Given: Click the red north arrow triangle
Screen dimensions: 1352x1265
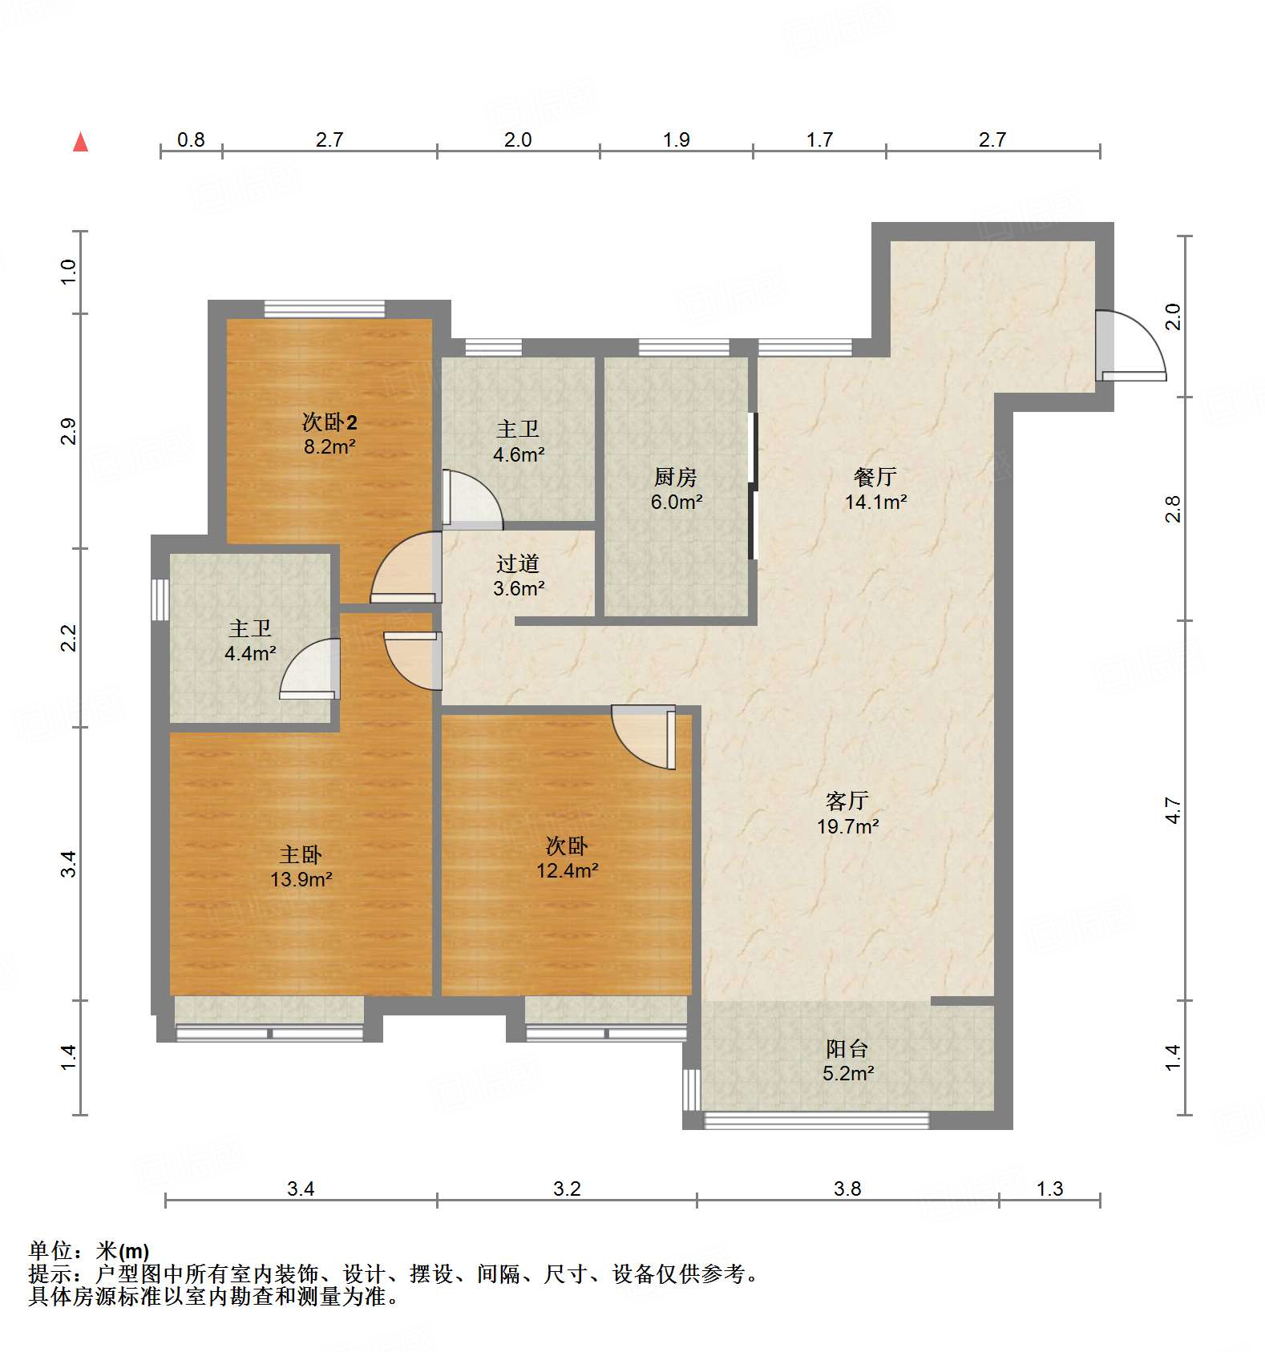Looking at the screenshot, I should [x=80, y=143].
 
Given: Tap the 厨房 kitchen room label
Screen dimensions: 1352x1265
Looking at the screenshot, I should [x=676, y=489].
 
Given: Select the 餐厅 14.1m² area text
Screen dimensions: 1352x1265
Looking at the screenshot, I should [x=875, y=490].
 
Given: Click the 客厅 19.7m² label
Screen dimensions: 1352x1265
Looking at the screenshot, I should [x=847, y=813].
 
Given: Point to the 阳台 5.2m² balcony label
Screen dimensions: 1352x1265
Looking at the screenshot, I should [x=847, y=1060].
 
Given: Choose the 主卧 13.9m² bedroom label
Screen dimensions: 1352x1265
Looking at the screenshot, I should [x=301, y=866].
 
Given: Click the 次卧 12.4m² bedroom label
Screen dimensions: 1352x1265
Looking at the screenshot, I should [x=567, y=858].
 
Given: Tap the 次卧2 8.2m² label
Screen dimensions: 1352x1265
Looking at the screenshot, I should [x=329, y=434].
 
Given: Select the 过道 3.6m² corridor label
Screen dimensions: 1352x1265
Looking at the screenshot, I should [x=518, y=575].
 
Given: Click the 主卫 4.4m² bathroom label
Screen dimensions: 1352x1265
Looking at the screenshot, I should [x=250, y=640].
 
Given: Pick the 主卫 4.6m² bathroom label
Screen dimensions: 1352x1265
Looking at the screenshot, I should [x=518, y=442].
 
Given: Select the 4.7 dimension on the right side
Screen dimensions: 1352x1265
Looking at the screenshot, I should [x=1173, y=809].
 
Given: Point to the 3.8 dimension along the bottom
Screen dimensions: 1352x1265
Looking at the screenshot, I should [x=847, y=1189].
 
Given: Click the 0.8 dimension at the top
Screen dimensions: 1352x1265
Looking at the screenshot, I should [x=190, y=140].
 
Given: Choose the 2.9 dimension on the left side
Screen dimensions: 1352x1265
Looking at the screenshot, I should [x=69, y=431].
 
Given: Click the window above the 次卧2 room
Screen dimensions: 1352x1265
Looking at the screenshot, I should [x=325, y=309].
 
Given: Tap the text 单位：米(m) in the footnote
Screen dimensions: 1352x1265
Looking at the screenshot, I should [x=89, y=1250].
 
